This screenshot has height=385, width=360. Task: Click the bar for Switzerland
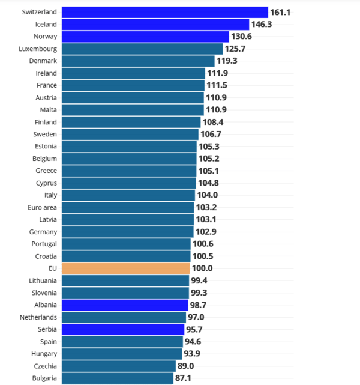pyautogui.click(x=164, y=12)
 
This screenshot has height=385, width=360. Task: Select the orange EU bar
pyautogui.click(x=125, y=268)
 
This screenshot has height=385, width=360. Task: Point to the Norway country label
pyautogui.click(x=46, y=36)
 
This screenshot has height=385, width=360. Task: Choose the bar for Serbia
pyautogui.click(x=123, y=329)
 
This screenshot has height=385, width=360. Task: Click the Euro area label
pyautogui.click(x=42, y=207)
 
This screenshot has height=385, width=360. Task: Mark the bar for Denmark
pyautogui.click(x=138, y=61)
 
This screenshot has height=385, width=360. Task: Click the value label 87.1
pyautogui.click(x=187, y=378)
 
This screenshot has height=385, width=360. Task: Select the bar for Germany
pyautogui.click(x=127, y=232)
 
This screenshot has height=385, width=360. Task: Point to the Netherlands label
pyautogui.click(x=38, y=317)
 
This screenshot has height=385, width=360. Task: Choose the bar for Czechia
pyautogui.click(x=119, y=366)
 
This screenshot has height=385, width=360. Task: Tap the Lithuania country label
pyautogui.click(x=43, y=280)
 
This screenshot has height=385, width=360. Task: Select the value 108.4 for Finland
pyautogui.click(x=214, y=122)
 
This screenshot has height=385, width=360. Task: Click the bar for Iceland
pyautogui.click(x=155, y=24)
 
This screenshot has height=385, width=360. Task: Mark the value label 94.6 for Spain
pyautogui.click(x=196, y=342)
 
